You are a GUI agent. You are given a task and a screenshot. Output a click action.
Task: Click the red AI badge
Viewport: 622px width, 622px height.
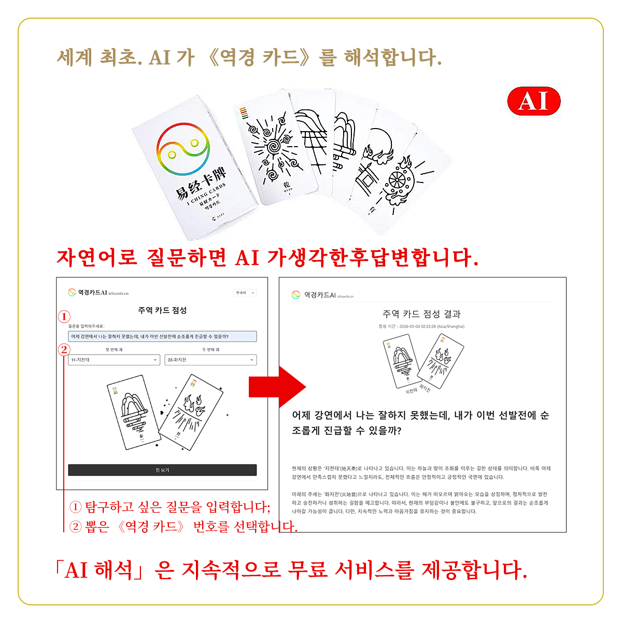[533, 101]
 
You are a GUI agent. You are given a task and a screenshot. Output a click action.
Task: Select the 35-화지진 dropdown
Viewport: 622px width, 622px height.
[210, 360]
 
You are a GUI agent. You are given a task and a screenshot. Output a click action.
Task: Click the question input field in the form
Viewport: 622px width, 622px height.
[162, 336]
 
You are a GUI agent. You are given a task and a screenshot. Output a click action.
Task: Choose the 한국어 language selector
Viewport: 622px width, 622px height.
[245, 293]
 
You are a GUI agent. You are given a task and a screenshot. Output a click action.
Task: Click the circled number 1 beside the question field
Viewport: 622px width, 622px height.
[64, 317]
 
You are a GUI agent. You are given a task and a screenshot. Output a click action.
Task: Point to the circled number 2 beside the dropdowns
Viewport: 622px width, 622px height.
[64, 349]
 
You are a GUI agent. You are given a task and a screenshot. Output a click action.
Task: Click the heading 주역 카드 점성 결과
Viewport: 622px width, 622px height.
[421, 314]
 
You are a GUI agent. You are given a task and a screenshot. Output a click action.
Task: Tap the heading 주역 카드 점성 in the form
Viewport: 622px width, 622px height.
[162, 310]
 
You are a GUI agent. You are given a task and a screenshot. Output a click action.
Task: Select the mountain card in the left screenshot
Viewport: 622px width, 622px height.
[134, 412]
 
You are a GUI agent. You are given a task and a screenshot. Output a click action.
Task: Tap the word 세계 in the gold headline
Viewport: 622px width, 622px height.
[75, 57]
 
